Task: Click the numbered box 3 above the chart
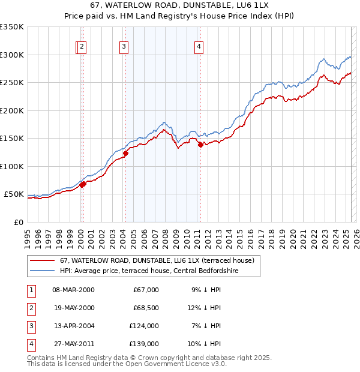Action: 123,47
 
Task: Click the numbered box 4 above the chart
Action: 198,47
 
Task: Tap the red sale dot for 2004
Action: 125,153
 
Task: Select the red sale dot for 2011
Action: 200,145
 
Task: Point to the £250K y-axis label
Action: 12,82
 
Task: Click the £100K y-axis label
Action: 12,166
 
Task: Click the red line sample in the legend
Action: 43,260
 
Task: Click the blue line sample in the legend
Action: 43,271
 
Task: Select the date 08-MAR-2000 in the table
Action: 73,290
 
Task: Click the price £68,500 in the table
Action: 146,308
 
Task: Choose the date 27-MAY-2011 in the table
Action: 73,344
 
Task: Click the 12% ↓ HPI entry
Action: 206,308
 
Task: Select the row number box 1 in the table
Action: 29,290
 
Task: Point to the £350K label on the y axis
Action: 12,27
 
